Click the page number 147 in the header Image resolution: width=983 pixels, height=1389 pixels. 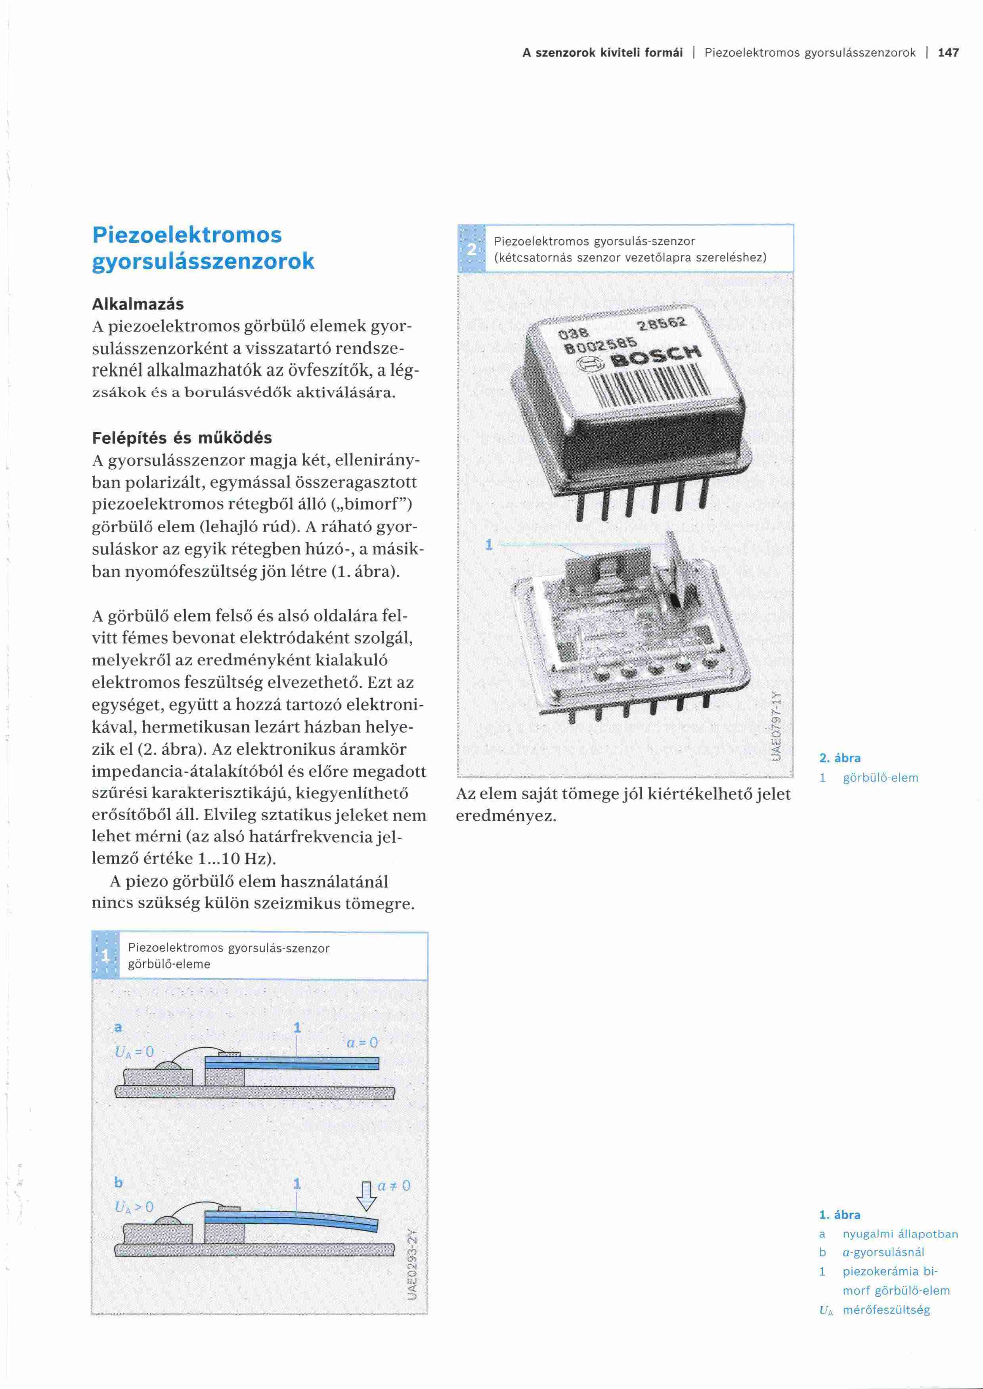point(948,53)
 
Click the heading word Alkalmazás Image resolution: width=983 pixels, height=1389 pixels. point(138,304)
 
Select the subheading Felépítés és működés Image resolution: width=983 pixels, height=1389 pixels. point(182,438)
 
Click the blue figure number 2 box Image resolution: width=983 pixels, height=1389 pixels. point(472,249)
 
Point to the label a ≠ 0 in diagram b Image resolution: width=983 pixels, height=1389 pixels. point(394,1186)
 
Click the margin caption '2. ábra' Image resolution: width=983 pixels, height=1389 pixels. point(840,758)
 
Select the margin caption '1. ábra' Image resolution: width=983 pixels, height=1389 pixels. point(840,1215)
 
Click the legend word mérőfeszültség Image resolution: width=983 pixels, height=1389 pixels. point(886,1310)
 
